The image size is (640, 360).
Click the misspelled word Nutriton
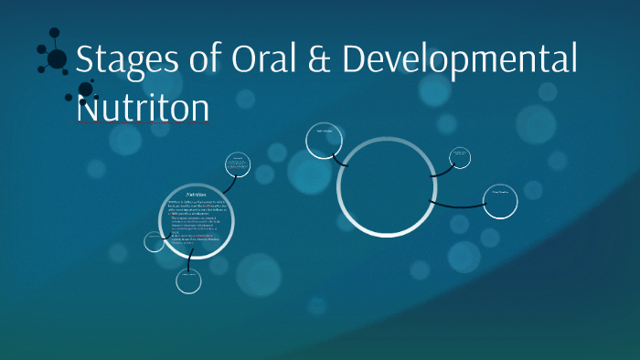[x=143, y=106]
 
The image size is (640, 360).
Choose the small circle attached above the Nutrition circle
[x=237, y=164]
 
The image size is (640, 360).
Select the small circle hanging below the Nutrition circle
[x=188, y=281]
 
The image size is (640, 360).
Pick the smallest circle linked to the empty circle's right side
[x=460, y=157]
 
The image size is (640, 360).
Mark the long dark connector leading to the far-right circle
[x=457, y=205]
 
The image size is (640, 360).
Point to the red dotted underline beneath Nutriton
[x=143, y=123]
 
